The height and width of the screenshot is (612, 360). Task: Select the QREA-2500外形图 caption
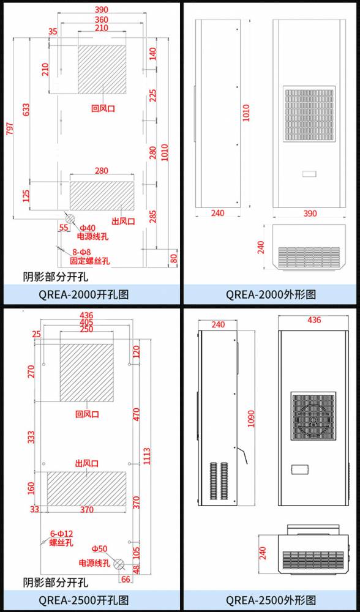pyautogui.click(x=271, y=600)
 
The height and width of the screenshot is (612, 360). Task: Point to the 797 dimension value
pyautogui.click(x=10, y=129)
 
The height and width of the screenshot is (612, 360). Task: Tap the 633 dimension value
pyautogui.click(x=26, y=110)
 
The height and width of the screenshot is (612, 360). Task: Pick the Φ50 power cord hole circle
pyautogui.click(x=118, y=564)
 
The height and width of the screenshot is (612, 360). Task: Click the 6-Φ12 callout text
pyautogui.click(x=61, y=533)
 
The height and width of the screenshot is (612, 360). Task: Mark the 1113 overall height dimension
pyautogui.click(x=146, y=456)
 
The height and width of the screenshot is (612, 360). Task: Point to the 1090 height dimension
pyautogui.click(x=250, y=419)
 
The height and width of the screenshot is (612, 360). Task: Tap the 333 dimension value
pyautogui.click(x=31, y=438)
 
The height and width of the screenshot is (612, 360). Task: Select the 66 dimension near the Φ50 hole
pyautogui.click(x=126, y=579)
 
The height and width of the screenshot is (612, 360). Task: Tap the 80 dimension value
pyautogui.click(x=174, y=258)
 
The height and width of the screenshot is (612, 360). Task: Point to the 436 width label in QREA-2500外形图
pyautogui.click(x=314, y=320)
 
